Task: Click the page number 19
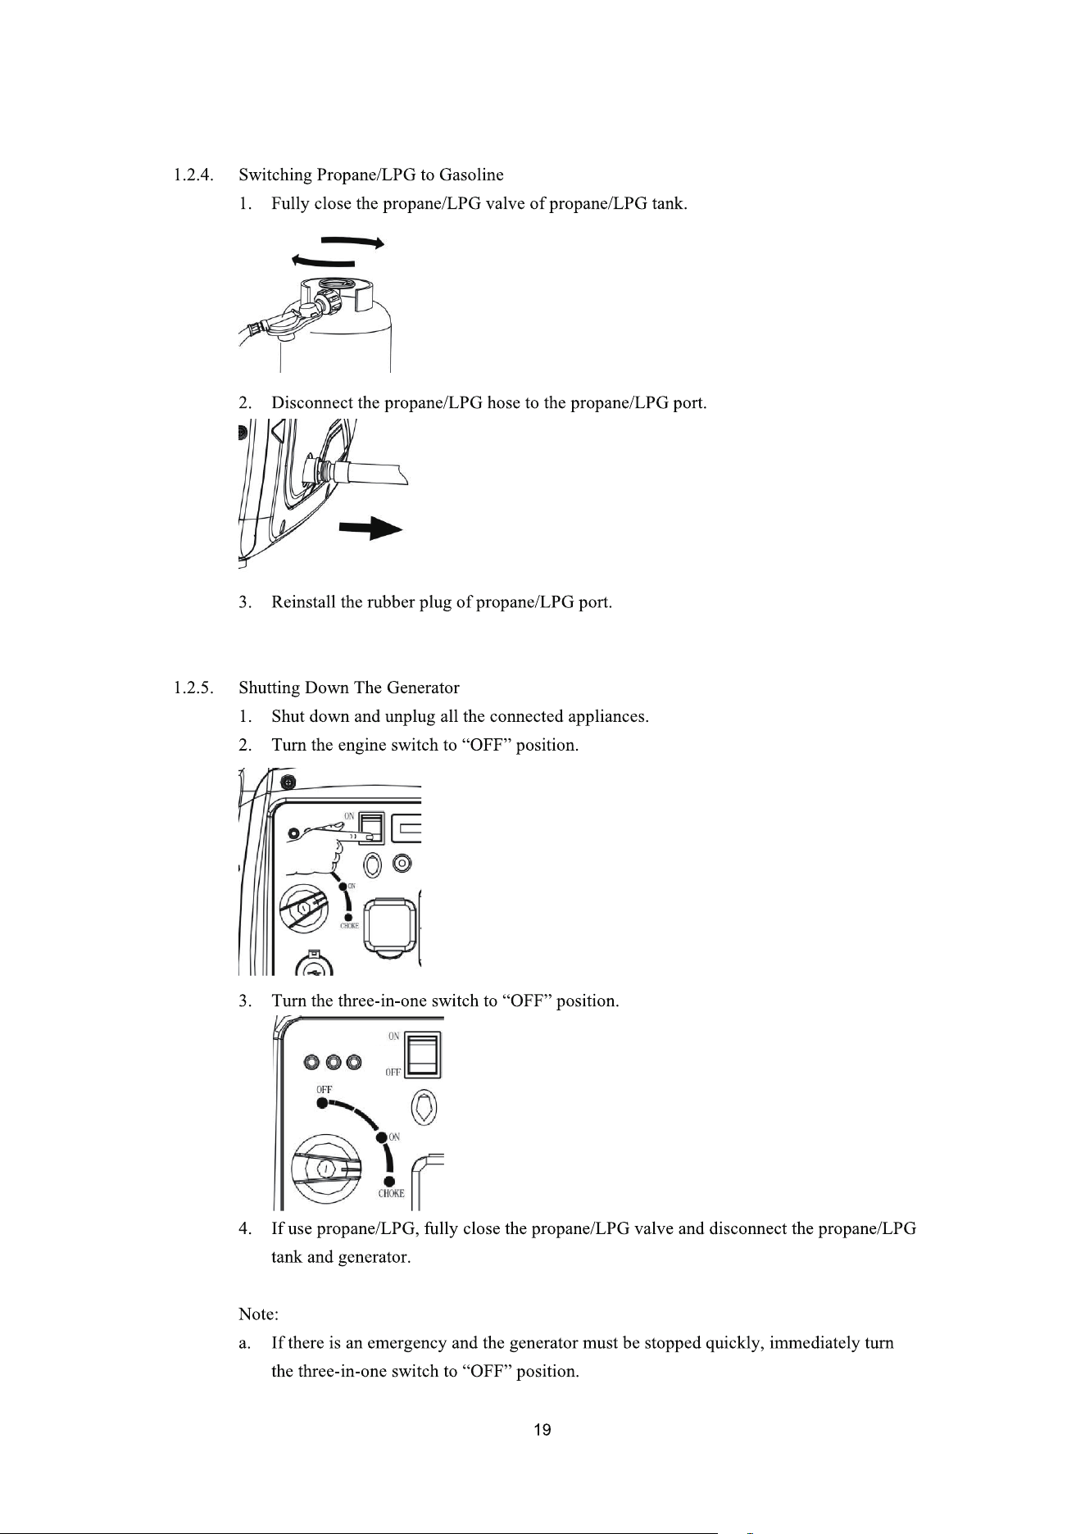pos(542,1431)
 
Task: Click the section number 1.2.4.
pos(194,175)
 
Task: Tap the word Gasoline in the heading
pos(471,175)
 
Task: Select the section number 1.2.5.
pos(194,687)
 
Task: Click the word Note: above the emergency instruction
pos(258,1314)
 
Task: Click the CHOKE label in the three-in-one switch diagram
pos(391,1193)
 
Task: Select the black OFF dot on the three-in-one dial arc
pos(323,1104)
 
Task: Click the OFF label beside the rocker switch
pos(393,1073)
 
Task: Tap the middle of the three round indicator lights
pos(334,1063)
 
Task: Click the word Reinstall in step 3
pos(304,602)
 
